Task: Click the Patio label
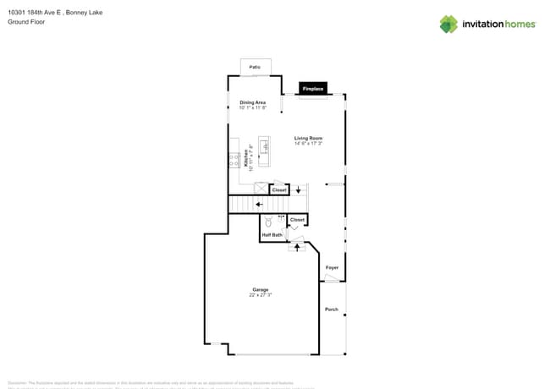coord(255,67)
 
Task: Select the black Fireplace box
coord(312,88)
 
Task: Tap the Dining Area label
coord(252,102)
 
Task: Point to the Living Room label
coord(308,138)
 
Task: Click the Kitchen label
coord(247,157)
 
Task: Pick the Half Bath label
coord(272,235)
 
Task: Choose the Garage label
coord(260,289)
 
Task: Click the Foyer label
coord(332,267)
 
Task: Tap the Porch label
coord(332,310)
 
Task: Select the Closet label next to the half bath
coord(297,220)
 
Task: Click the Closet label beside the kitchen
coord(278,190)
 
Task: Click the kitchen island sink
coord(264,149)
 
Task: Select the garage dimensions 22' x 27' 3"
coord(260,295)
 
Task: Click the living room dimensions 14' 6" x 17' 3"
coord(308,144)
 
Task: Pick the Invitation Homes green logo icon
coord(448,25)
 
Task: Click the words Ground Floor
coord(26,22)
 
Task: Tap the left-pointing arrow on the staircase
coord(258,204)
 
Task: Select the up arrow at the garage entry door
coord(297,246)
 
